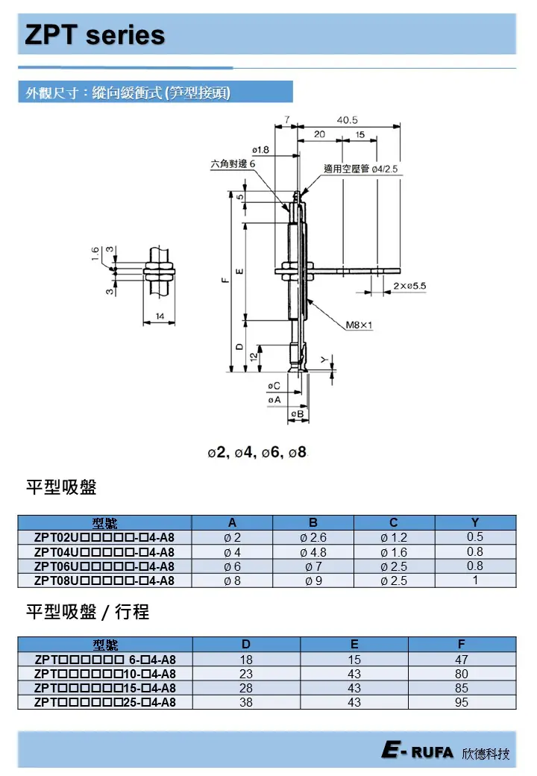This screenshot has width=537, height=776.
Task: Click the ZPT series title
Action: [95, 34]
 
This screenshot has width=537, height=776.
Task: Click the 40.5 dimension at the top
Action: [347, 119]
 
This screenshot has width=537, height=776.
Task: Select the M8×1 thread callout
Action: [359, 325]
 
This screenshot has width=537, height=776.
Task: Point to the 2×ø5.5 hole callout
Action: [409, 286]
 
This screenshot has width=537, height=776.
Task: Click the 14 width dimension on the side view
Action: [160, 317]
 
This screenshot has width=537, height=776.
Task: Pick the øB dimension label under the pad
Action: [296, 413]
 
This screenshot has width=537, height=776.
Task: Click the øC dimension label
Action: [274, 386]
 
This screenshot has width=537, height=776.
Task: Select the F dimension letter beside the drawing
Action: [224, 281]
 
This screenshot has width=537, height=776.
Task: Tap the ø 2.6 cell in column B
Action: [313, 538]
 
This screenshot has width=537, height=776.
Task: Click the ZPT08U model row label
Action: [104, 581]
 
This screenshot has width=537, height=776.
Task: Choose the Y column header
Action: [475, 523]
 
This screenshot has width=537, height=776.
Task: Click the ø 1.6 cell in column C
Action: [394, 552]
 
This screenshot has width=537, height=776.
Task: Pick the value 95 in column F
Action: [462, 702]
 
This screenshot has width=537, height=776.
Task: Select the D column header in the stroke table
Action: [246, 645]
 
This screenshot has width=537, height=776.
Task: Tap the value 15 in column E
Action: [354, 660]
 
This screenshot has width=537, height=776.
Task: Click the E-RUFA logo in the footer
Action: [418, 752]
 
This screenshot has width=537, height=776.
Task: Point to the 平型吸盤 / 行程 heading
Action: [88, 612]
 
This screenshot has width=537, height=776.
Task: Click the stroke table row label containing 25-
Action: [104, 702]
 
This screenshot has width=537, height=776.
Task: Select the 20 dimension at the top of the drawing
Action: [319, 134]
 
